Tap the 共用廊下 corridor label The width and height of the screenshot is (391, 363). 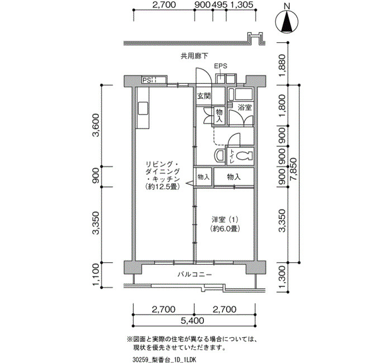[x=194, y=56]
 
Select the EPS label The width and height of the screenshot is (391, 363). [x=221, y=66]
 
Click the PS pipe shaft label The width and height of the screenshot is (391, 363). [x=146, y=80]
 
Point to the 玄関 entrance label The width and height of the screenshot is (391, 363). [x=204, y=95]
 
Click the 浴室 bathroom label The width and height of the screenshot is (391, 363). [x=245, y=107]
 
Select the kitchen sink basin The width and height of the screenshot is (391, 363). [x=143, y=108]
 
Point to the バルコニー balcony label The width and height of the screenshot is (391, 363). [x=195, y=275]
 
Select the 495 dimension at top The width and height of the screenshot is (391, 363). [x=220, y=4]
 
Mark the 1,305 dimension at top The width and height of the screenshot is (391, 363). [x=241, y=4]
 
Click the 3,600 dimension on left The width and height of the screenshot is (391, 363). [x=96, y=126]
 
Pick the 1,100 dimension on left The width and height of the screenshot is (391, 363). [x=96, y=275]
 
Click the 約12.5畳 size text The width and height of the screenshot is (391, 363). [x=163, y=187]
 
